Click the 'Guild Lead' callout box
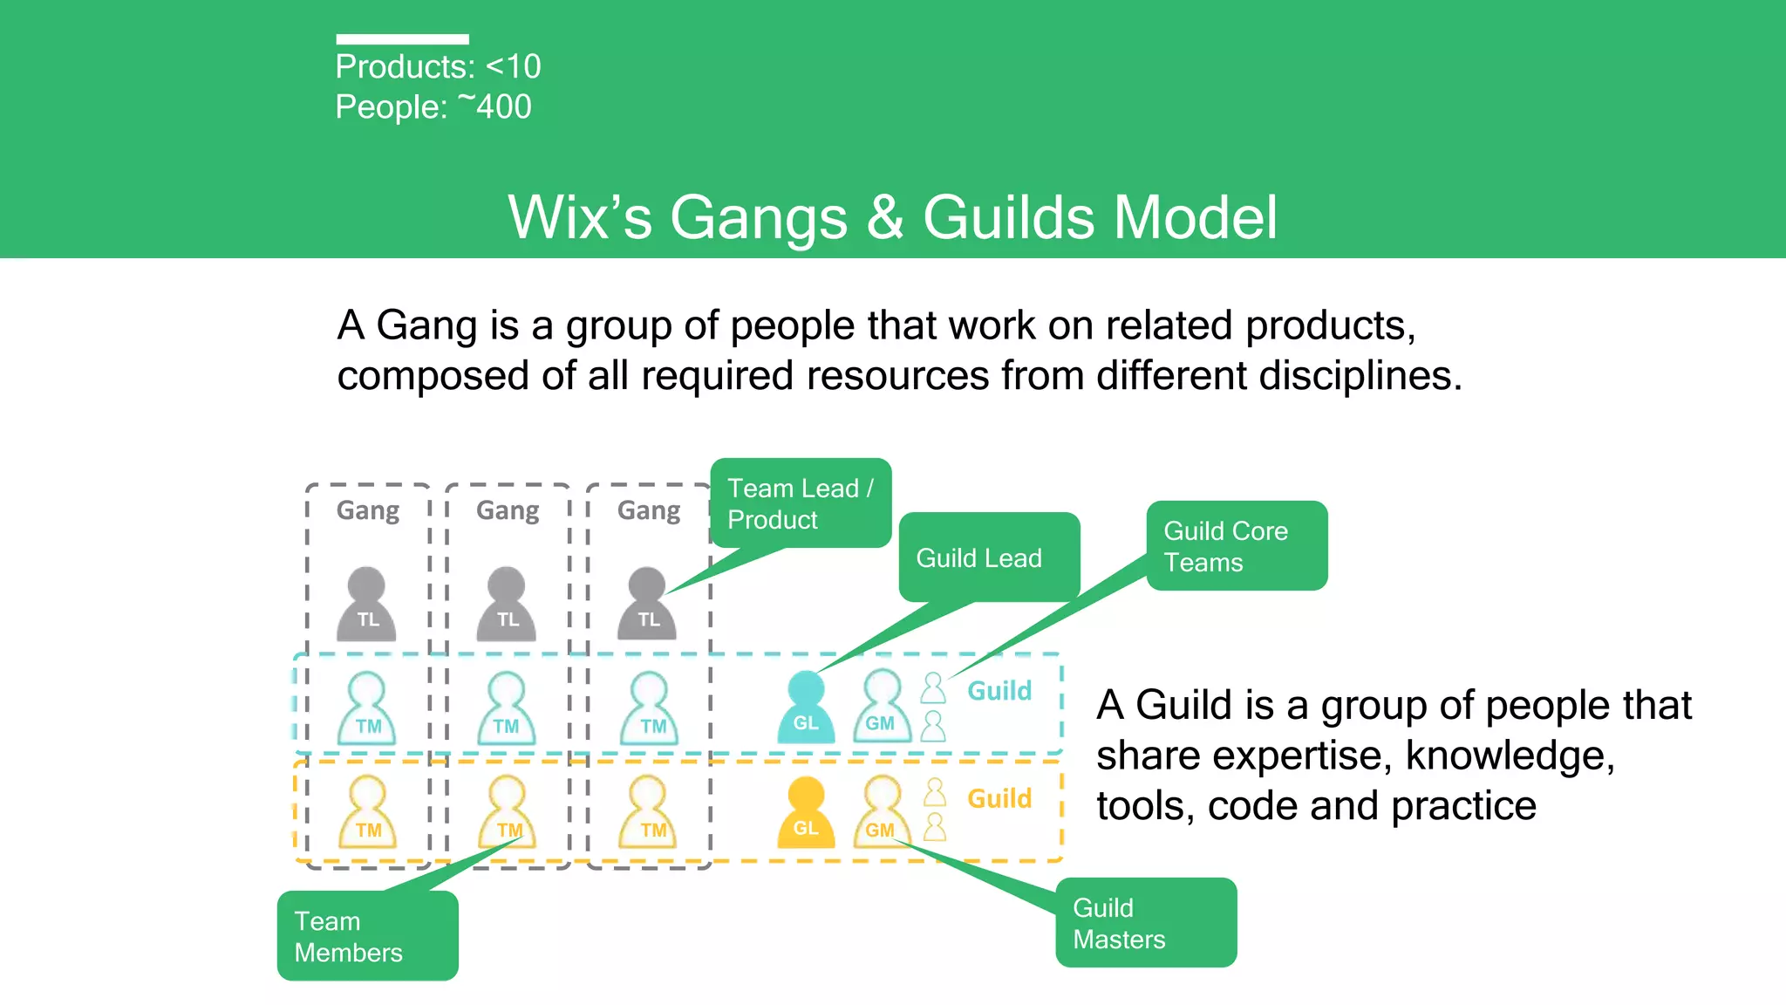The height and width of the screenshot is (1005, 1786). click(989, 557)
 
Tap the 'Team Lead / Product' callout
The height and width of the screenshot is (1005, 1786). click(801, 503)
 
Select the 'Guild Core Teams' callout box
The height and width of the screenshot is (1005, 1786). click(1237, 546)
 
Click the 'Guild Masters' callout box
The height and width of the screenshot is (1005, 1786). click(1145, 923)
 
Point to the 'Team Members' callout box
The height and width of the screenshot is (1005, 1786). click(367, 936)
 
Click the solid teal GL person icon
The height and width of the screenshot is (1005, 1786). click(806, 708)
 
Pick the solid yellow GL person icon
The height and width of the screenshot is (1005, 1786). click(806, 813)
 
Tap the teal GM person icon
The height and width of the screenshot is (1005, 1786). click(882, 708)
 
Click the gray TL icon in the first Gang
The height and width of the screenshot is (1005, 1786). click(366, 605)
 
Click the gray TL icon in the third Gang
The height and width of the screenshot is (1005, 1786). click(647, 605)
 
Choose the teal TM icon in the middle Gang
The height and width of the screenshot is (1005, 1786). click(507, 709)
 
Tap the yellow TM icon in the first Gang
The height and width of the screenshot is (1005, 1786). click(367, 813)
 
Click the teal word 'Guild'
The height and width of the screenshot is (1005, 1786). click(999, 691)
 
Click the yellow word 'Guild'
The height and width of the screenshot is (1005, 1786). click(999, 798)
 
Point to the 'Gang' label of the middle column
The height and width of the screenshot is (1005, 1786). click(508, 510)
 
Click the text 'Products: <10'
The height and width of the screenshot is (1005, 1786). click(438, 67)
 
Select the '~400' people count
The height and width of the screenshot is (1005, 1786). click(494, 107)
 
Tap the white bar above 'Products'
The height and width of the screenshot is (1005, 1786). click(402, 39)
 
